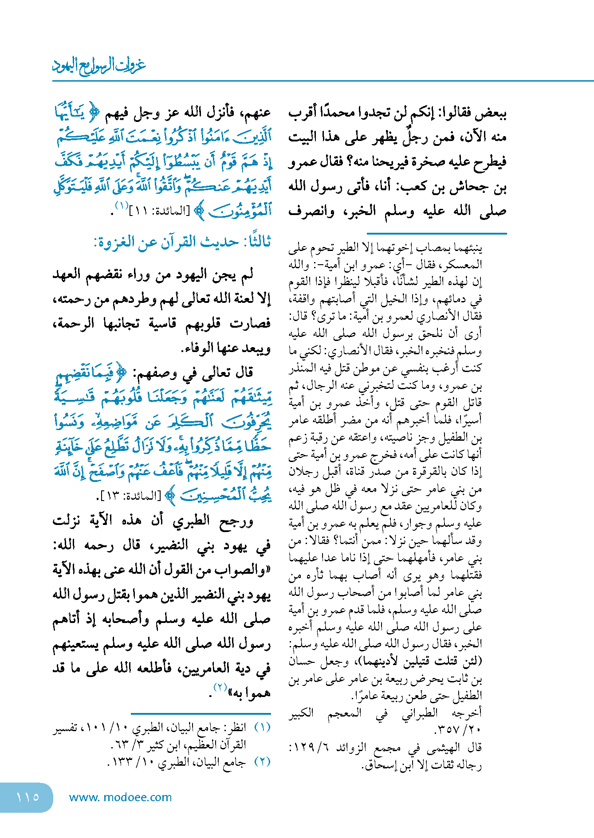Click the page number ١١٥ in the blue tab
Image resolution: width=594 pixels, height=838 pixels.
pyautogui.click(x=28, y=797)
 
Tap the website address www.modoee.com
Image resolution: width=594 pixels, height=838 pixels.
pyautogui.click(x=120, y=797)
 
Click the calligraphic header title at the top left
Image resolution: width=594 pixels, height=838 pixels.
pyautogui.click(x=99, y=66)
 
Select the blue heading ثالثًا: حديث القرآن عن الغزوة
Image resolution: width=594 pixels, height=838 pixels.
pyautogui.click(x=182, y=242)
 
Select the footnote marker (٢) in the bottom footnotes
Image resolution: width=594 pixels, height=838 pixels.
pyautogui.click(x=262, y=762)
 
